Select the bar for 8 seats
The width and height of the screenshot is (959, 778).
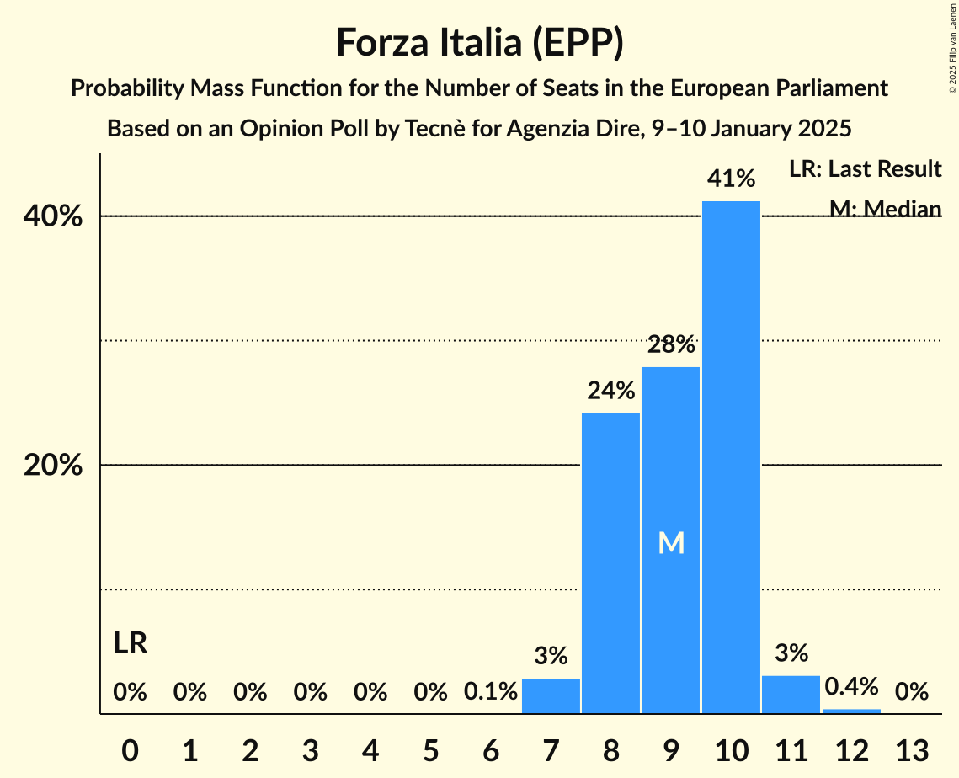coord(610,563)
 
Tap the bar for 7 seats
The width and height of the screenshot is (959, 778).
coord(551,696)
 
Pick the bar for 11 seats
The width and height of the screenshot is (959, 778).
coord(791,695)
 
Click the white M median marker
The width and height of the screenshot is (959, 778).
coord(671,544)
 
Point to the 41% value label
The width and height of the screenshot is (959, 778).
coord(731,179)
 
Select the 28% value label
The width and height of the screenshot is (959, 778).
coord(671,344)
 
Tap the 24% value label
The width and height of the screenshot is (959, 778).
coord(610,391)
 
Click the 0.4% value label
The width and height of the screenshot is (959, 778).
coord(851,686)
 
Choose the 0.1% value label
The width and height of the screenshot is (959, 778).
coord(491,692)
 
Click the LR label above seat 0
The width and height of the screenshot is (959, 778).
coord(131,644)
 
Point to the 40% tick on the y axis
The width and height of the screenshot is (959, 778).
coord(53,216)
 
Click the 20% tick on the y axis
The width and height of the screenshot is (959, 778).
coord(53,466)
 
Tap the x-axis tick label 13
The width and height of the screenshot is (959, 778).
coord(911,749)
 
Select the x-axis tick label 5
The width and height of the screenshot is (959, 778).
coord(430,749)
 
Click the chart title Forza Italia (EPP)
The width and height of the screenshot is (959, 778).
coord(479,42)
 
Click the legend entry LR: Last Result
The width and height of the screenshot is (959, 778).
coord(865,169)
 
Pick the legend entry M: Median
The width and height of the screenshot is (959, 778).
coord(885,208)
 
